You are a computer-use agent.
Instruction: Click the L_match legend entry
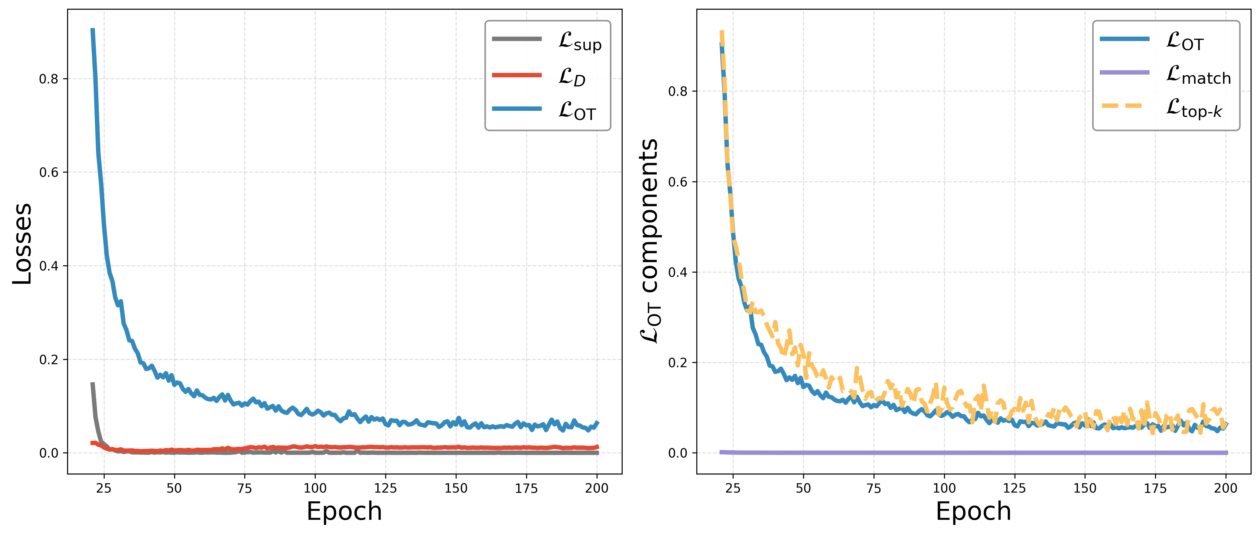pos(1198,75)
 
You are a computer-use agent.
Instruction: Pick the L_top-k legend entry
pos(1193,108)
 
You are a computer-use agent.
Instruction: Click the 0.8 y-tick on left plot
pos(48,79)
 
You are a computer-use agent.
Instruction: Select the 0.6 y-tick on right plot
pos(677,182)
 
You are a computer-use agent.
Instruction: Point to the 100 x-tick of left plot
pos(315,488)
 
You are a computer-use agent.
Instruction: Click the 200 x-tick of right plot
pos(1225,488)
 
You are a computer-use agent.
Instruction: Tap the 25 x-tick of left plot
pos(104,488)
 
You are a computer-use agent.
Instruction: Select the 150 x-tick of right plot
pos(1085,488)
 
